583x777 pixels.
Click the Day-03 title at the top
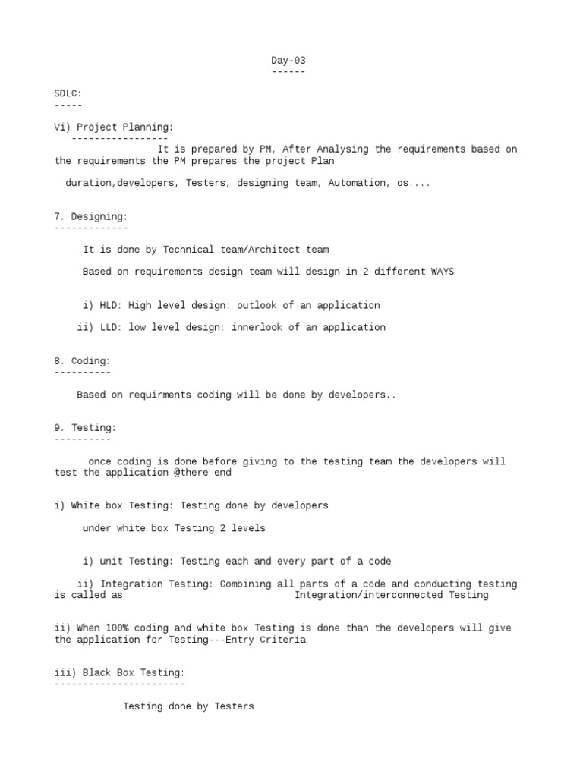coord(288,61)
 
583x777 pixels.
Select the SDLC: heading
coord(68,93)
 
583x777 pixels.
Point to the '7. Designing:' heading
coord(91,217)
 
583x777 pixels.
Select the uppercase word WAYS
coord(443,272)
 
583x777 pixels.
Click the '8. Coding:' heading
coord(82,361)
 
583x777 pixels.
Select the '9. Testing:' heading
coord(85,428)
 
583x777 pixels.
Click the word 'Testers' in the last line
coord(235,706)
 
